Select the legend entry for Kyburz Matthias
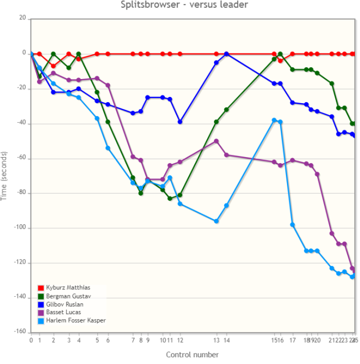point(67,288)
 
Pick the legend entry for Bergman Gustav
point(68,296)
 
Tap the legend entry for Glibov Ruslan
point(65,304)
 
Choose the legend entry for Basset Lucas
point(63,312)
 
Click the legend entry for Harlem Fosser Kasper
point(75,320)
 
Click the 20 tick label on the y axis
point(22,19)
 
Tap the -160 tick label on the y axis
point(20,333)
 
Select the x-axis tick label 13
point(216,340)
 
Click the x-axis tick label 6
point(108,340)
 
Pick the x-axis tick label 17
point(292,340)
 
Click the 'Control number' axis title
point(192,354)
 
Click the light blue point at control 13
point(216,221)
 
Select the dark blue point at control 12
point(180,122)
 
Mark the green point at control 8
point(140,193)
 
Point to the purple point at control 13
point(216,141)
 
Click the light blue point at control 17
point(292,225)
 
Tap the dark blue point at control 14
point(226,54)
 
